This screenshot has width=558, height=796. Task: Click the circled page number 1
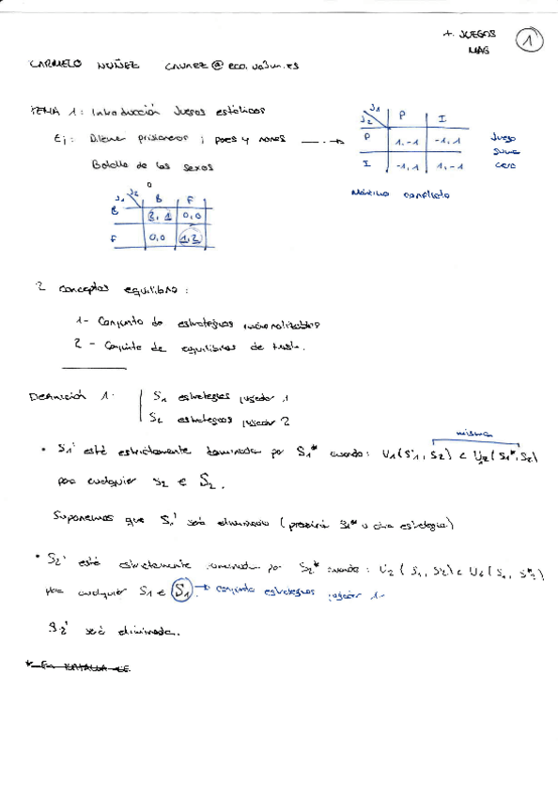(532, 40)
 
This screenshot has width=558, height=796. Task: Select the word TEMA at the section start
(44, 110)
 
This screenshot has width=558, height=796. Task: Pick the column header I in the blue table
(442, 118)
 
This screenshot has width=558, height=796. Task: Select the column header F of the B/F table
(191, 199)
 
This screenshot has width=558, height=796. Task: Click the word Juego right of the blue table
(504, 137)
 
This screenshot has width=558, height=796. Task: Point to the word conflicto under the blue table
(426, 194)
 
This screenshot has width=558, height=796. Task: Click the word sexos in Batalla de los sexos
(197, 166)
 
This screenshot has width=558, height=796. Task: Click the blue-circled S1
(184, 592)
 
